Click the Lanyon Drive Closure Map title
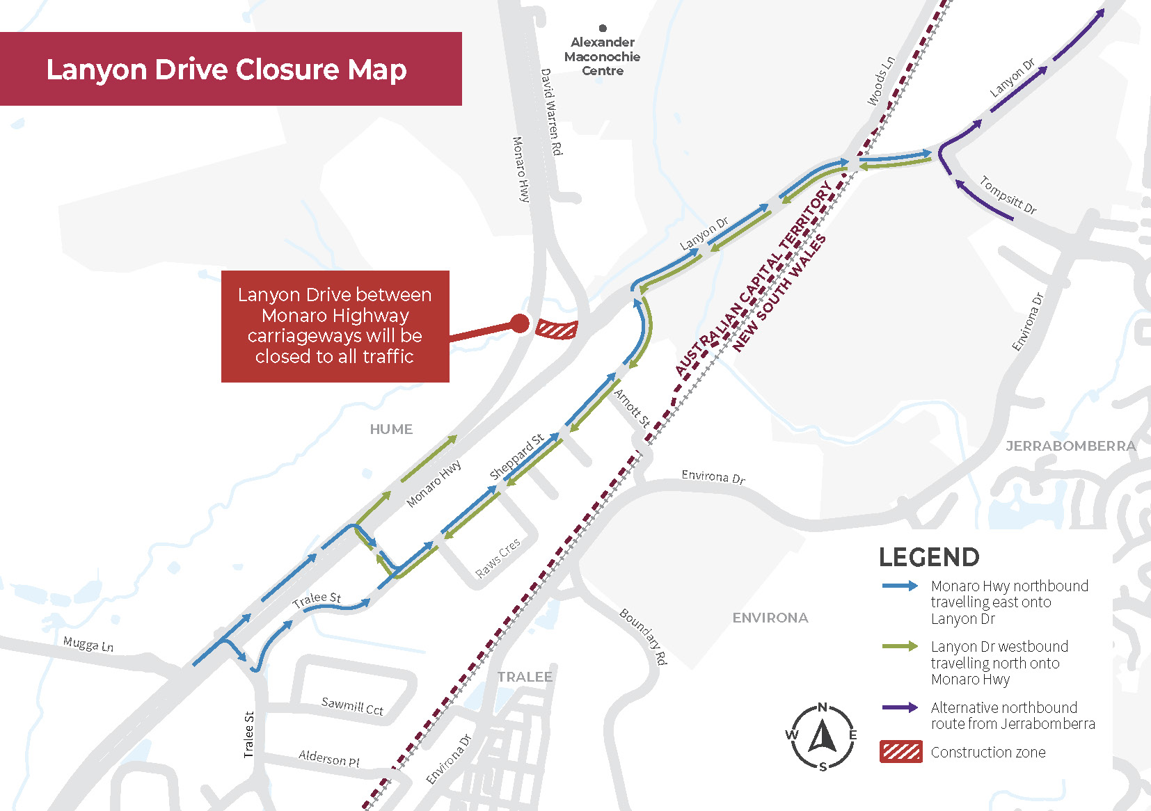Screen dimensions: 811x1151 226,70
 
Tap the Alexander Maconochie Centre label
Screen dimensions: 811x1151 602,56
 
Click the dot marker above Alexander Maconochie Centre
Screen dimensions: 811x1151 603,29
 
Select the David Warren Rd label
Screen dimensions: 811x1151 551,111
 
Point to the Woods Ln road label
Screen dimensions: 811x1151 880,81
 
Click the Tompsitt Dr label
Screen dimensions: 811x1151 1008,195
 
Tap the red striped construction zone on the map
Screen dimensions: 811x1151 557,329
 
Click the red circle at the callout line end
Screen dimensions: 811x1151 520,323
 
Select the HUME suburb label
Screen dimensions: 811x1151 391,430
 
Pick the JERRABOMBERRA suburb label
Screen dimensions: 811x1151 1070,446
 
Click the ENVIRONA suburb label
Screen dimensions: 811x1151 770,618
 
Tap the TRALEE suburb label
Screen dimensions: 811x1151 525,677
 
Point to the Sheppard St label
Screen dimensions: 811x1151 516,457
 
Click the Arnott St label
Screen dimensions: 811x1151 632,408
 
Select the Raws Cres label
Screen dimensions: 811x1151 498,558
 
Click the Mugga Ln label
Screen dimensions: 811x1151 88,644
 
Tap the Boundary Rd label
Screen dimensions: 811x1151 644,636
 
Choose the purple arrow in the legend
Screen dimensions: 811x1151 900,707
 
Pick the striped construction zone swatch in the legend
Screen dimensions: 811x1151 900,752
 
